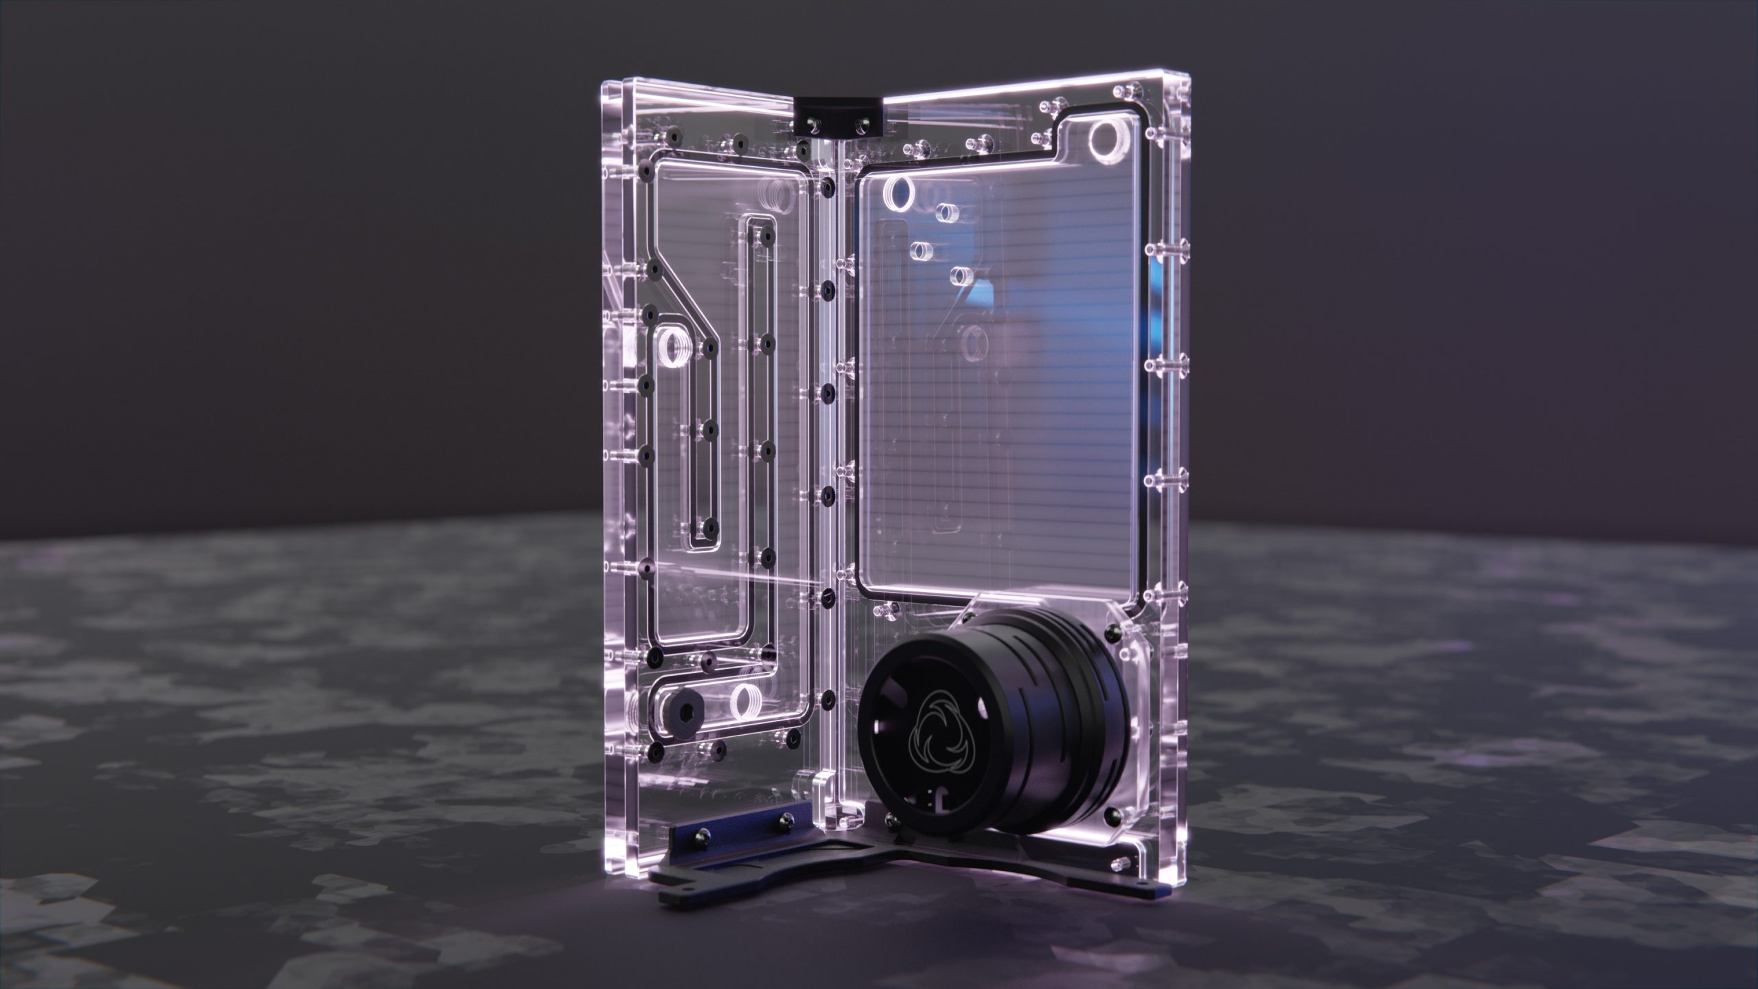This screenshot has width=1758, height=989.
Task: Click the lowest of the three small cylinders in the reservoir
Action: (959, 277)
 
